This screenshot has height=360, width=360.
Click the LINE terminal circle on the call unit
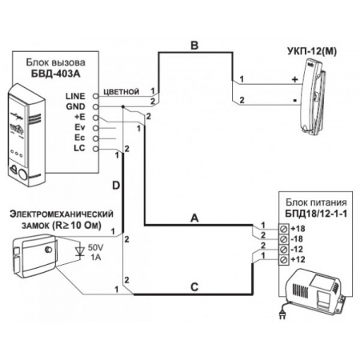click(x=95, y=96)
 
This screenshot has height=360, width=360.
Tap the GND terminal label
click(x=76, y=106)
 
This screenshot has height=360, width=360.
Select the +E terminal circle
click(x=95, y=118)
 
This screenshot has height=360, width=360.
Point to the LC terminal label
click(x=79, y=148)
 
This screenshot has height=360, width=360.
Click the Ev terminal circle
click(x=95, y=128)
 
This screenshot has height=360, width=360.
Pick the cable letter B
click(x=194, y=46)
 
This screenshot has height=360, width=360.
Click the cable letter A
click(x=194, y=218)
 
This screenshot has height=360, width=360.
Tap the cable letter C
click(x=194, y=287)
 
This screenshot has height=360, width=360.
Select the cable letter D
click(x=116, y=186)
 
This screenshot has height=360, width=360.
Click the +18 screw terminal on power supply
click(x=284, y=229)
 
